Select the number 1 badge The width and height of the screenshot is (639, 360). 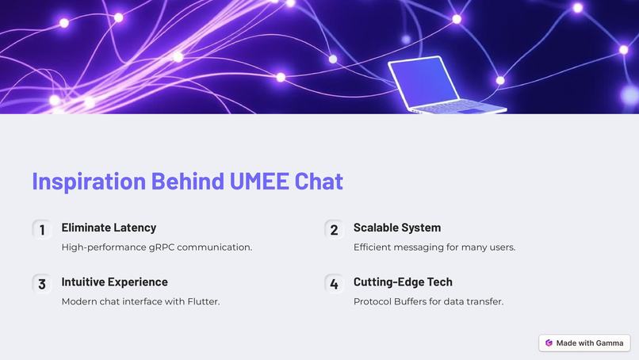click(41, 230)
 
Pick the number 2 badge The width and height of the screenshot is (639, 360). click(334, 230)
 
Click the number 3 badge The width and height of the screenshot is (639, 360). click(41, 284)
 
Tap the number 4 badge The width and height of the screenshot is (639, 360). click(334, 284)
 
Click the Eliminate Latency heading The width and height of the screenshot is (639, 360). click(109, 228)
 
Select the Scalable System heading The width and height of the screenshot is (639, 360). click(396, 228)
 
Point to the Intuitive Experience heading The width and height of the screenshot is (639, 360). click(114, 281)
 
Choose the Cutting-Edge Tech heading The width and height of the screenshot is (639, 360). click(403, 281)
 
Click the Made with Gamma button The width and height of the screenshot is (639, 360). click(584, 343)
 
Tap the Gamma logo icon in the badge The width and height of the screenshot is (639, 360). click(549, 343)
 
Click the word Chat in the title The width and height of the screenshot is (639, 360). click(319, 181)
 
